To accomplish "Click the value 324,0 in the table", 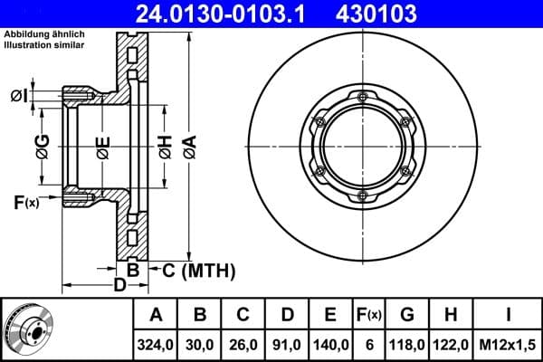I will [156, 344].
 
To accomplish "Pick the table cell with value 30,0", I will [201, 344].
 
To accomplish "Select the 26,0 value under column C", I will [243, 344].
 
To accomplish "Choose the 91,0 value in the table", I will [287, 344].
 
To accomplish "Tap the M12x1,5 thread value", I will [508, 344].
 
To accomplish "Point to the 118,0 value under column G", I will [407, 344].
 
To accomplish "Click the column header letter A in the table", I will [156, 315].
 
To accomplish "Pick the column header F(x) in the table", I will [369, 315].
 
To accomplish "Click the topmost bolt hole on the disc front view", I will [362, 97].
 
